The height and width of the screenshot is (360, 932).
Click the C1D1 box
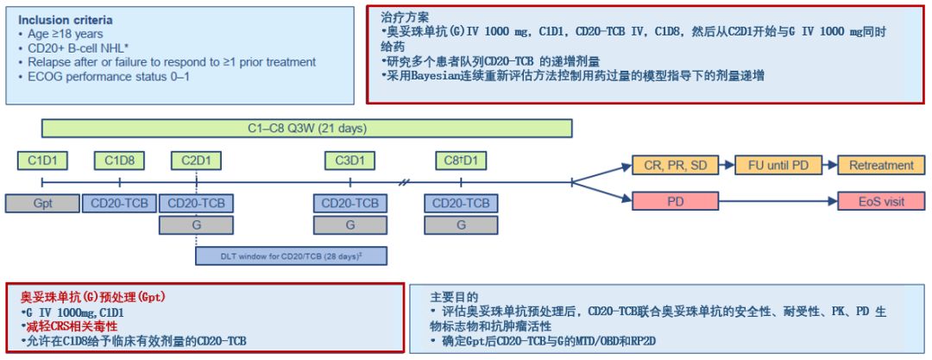[x=41, y=160]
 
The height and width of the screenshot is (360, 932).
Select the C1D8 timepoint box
[x=119, y=160]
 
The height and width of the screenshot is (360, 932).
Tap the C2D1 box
[x=196, y=160]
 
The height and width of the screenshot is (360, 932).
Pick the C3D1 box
[x=350, y=160]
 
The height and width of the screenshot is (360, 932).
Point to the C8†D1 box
[x=462, y=160]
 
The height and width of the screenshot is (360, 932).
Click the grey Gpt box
[x=41, y=204]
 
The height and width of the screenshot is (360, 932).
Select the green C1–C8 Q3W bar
[x=306, y=129]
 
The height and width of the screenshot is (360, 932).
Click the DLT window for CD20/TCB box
[x=292, y=256]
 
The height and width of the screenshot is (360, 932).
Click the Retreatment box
[x=881, y=164]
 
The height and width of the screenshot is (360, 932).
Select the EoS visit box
[x=881, y=201]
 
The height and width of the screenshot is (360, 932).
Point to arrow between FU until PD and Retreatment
[x=823, y=164]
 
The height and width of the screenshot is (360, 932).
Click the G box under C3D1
[x=350, y=224]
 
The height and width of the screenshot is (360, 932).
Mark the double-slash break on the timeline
[x=406, y=182]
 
